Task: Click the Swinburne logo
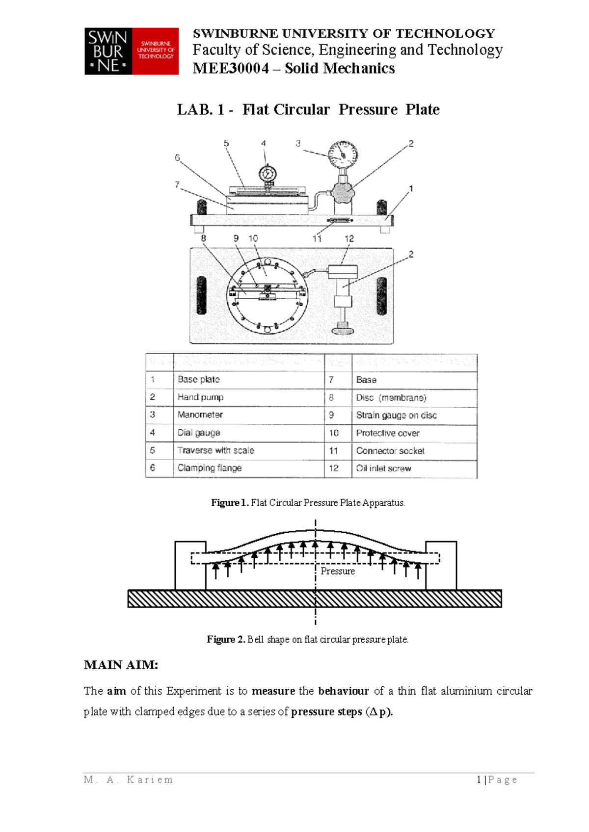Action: click(x=132, y=51)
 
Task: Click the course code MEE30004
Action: click(x=230, y=68)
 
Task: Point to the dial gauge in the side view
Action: click(x=268, y=174)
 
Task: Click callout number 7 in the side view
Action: click(x=177, y=184)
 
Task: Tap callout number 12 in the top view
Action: click(x=349, y=238)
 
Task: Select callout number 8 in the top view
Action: click(x=203, y=238)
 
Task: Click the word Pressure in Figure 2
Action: click(x=338, y=571)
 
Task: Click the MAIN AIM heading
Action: click(x=121, y=665)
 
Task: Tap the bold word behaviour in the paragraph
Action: click(x=343, y=691)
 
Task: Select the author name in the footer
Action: click(x=129, y=780)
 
